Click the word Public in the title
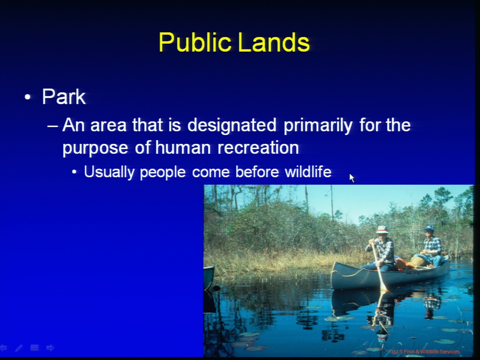[195, 42]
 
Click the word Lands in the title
[273, 42]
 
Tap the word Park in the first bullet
[64, 96]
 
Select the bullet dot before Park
[27, 97]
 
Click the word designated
[231, 125]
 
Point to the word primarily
[318, 125]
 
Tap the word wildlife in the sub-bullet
[308, 171]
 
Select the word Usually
[109, 172]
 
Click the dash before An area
[52, 126]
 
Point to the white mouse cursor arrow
[351, 178]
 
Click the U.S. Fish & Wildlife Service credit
[425, 351]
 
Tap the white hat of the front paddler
[381, 229]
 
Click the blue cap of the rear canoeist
[429, 228]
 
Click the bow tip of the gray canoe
[334, 263]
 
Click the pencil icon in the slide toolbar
[18, 348]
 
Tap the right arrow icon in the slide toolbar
[50, 348]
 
